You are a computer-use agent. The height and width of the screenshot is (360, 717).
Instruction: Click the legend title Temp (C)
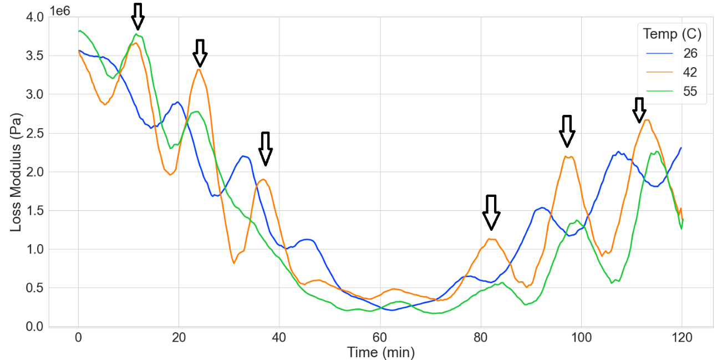[672, 34]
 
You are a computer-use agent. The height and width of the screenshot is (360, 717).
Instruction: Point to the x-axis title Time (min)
[380, 352]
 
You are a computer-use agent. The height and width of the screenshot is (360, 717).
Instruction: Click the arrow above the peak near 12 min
[138, 16]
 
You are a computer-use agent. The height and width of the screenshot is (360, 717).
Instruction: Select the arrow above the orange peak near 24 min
[200, 53]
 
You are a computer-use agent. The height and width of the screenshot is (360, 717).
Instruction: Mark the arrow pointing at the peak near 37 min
[266, 149]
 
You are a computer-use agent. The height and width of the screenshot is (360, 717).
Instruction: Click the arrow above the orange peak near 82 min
[491, 212]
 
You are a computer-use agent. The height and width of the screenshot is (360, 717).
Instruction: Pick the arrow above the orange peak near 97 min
[566, 131]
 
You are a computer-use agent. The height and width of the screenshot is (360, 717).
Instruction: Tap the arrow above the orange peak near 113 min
[639, 110]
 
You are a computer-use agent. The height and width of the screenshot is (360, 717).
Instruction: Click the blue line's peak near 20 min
[177, 102]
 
